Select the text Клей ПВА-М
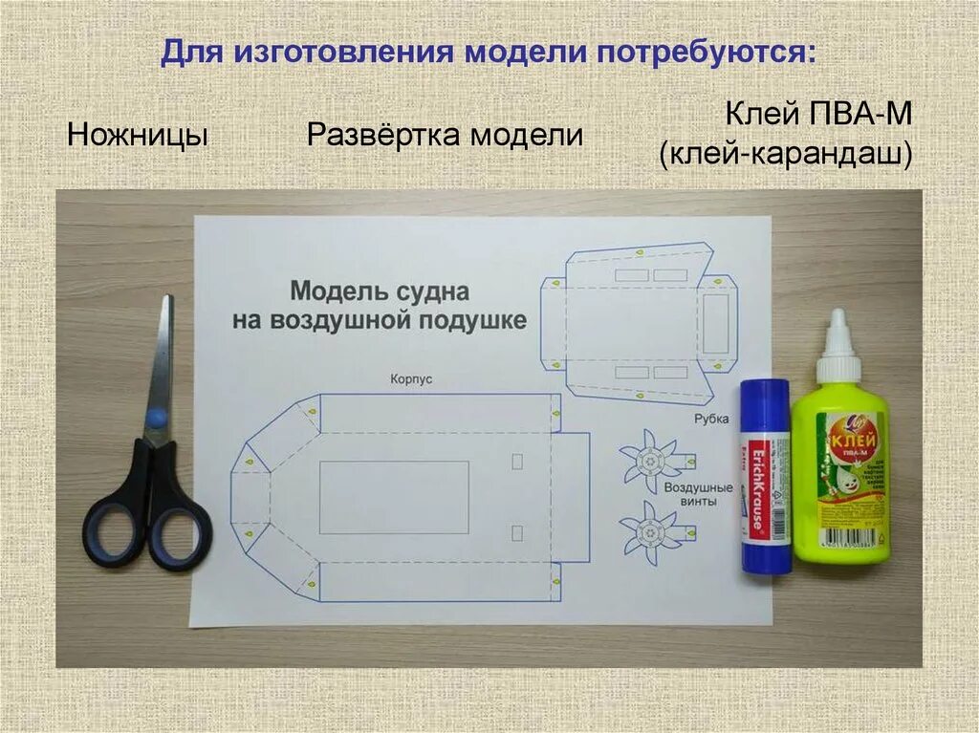818,117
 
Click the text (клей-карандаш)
784,154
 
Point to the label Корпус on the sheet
411,379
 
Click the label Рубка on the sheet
712,418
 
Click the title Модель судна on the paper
380,291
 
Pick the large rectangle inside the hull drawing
394,497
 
